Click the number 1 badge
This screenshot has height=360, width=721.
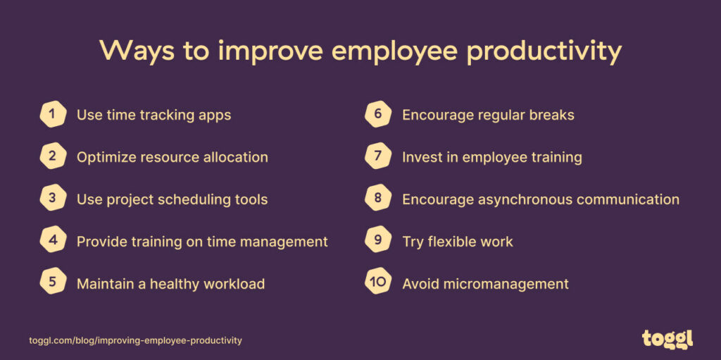point(53,115)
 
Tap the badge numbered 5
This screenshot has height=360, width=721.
point(53,284)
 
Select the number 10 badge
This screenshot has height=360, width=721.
point(378,284)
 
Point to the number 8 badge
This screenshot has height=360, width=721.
point(378,199)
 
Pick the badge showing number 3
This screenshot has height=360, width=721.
point(53,199)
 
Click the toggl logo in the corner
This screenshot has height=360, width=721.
point(667,339)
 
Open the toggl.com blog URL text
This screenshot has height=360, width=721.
point(135,340)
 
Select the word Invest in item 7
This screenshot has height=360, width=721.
point(421,157)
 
